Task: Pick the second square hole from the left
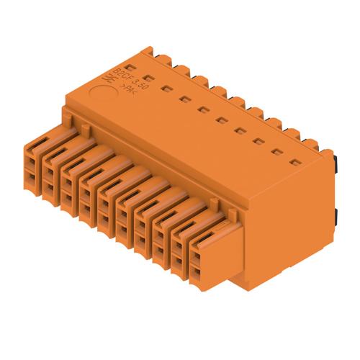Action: [x=166, y=89]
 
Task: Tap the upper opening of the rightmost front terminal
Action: [x=198, y=256]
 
